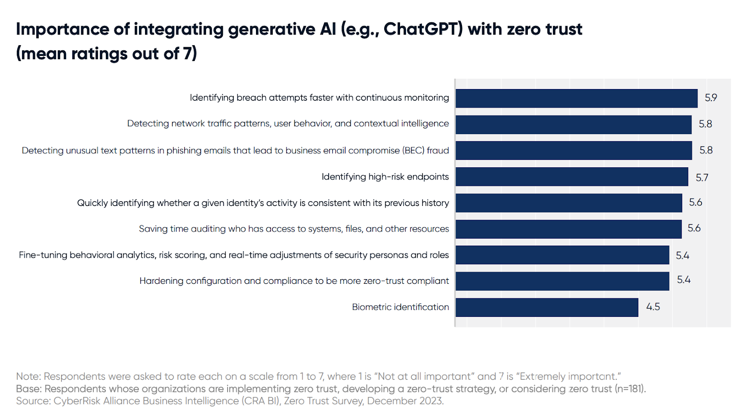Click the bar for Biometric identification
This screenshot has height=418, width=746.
(547, 307)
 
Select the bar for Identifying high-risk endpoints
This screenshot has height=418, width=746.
(572, 177)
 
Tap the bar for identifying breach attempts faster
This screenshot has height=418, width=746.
(576, 98)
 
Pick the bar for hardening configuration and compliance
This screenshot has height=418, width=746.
(562, 281)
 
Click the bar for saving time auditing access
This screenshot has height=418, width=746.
(568, 229)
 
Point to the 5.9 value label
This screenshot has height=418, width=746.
(711, 98)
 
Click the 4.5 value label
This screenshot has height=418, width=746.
(653, 307)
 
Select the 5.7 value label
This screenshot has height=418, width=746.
(702, 178)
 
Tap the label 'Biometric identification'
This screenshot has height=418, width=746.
(401, 307)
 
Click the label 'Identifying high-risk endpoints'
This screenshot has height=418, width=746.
(385, 177)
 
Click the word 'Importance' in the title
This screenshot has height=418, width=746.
(62, 30)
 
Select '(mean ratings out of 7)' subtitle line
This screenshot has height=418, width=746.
(107, 54)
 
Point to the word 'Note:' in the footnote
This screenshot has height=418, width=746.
(28, 377)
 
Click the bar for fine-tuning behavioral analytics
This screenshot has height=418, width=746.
(562, 255)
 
